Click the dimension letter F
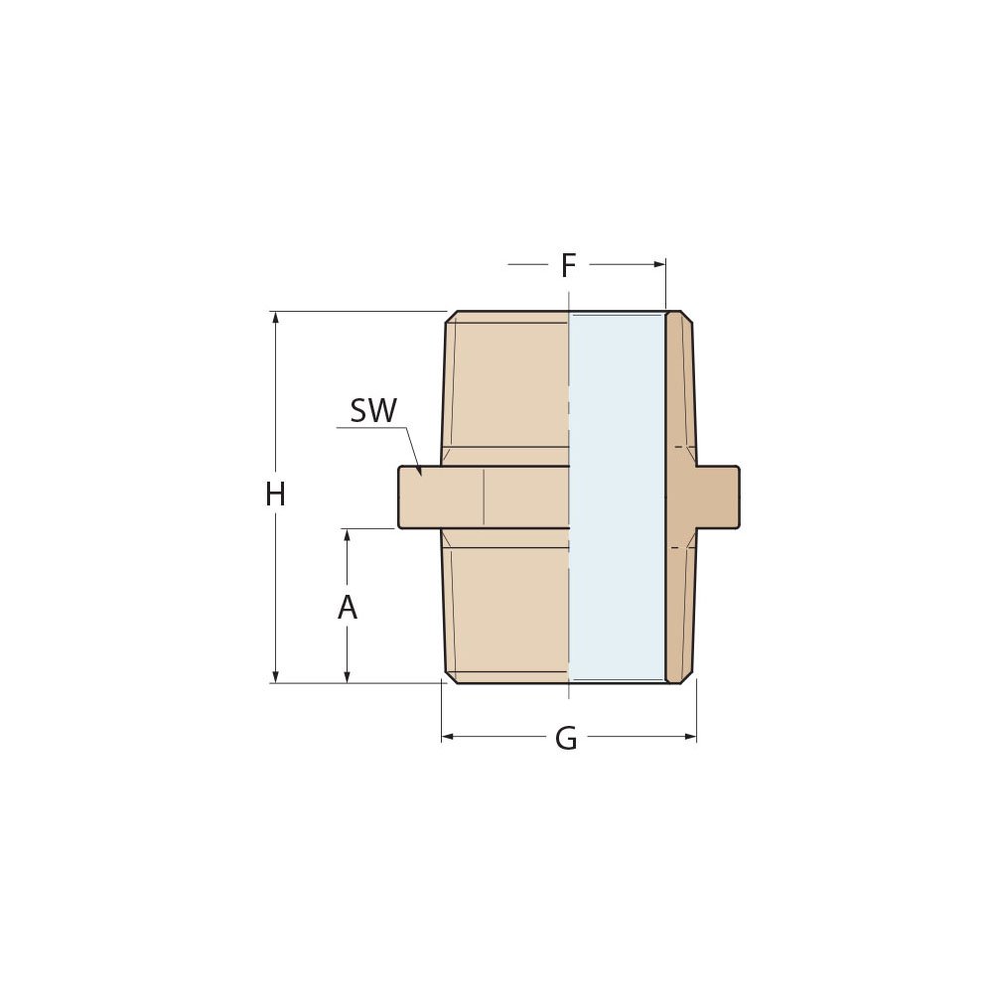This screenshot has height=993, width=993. (568, 266)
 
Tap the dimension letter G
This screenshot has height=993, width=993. (566, 739)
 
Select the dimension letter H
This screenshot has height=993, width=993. (275, 495)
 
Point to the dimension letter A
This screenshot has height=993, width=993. (347, 608)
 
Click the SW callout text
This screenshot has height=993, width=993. (373, 411)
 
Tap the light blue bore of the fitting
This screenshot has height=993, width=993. (616, 496)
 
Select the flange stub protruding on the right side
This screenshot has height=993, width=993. (718, 496)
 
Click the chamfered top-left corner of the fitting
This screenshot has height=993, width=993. (451, 317)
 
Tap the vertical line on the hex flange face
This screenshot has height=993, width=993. (484, 496)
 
